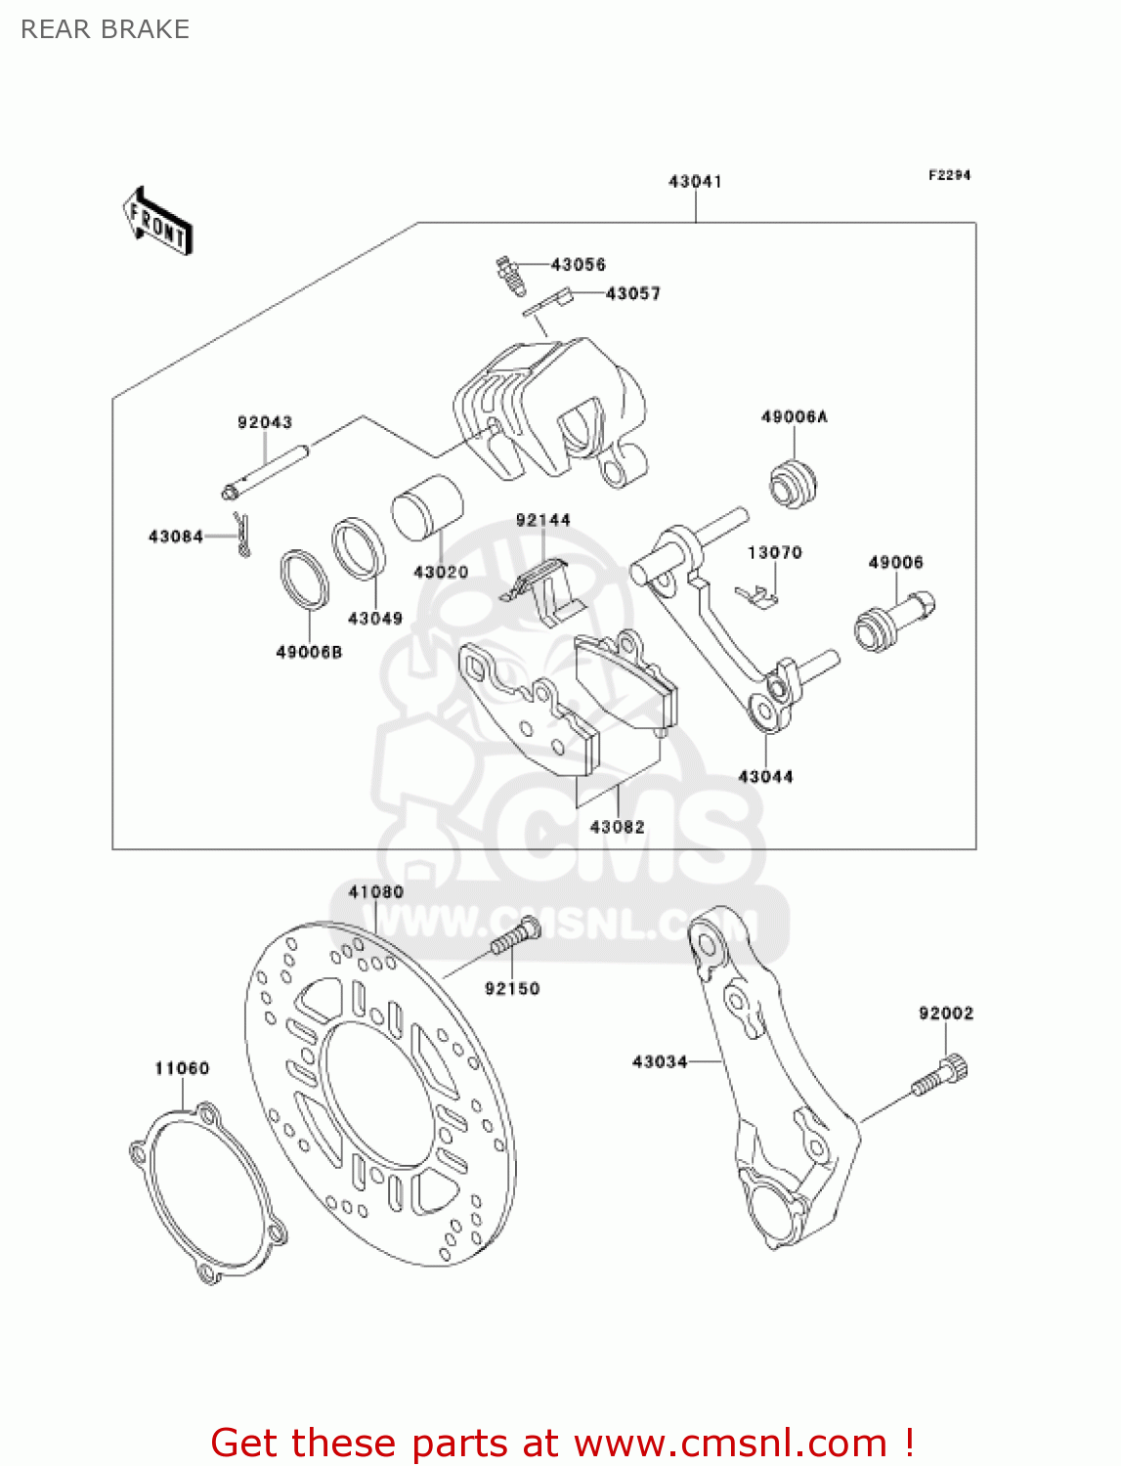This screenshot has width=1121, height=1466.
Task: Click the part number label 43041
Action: [695, 182]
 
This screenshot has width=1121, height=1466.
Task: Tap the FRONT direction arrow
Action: [156, 222]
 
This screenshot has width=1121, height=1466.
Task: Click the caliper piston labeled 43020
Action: [427, 508]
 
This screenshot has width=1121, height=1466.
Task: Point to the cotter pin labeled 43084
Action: [242, 536]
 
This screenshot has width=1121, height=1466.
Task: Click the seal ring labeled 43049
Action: [359, 548]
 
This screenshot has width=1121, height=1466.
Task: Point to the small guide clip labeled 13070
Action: [756, 595]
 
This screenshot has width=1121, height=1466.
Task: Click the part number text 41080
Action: [376, 892]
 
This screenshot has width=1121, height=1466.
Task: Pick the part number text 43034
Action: [660, 1061]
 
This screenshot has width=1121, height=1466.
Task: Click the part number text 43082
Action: [617, 827]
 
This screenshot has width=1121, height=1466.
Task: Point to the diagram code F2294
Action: [949, 175]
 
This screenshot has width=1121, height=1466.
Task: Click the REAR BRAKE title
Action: [106, 29]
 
